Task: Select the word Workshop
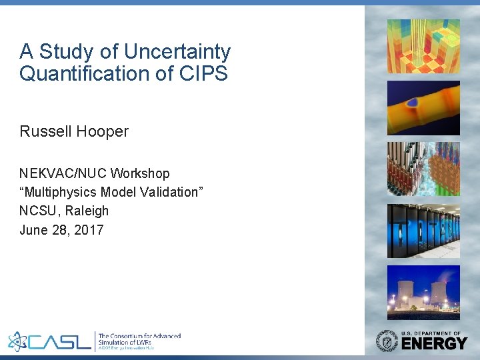tap(140, 173)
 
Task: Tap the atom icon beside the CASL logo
tap(19, 341)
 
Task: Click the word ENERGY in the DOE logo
tap(434, 344)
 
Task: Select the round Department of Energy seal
tap(387, 341)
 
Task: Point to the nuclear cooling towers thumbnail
tap(423, 292)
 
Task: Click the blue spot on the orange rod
tap(413, 103)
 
